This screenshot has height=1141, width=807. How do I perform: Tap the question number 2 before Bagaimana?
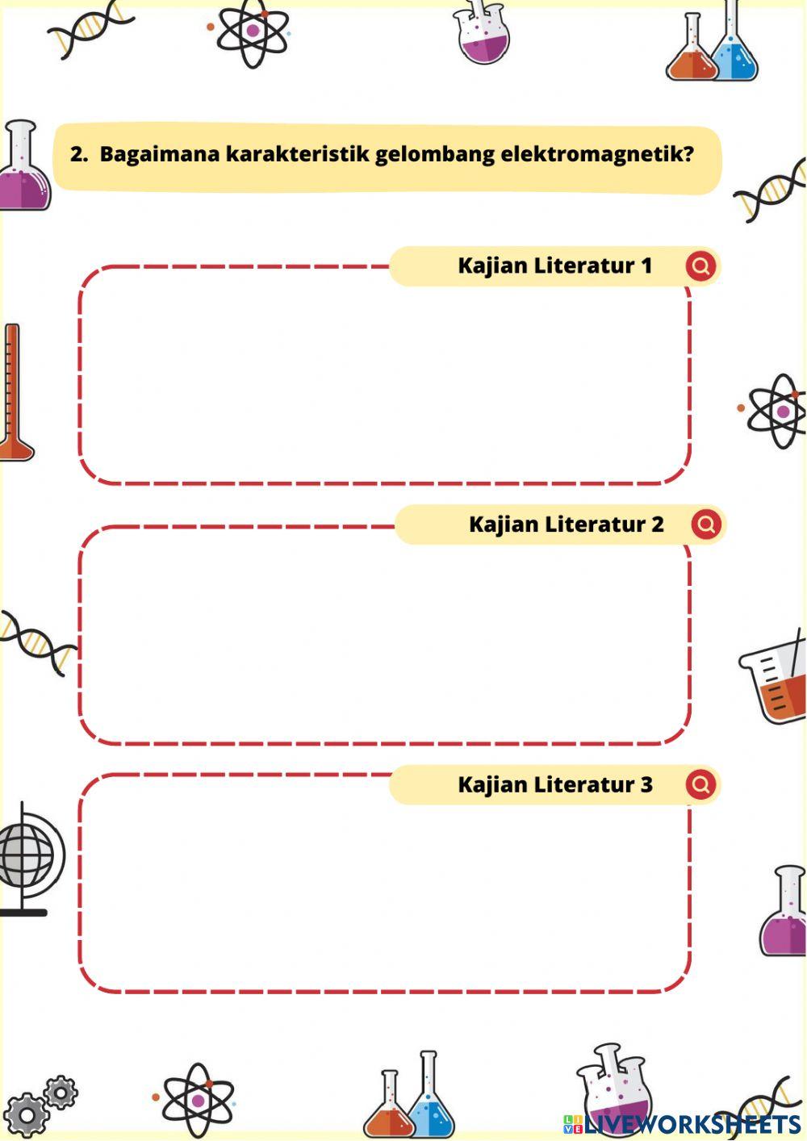(78, 154)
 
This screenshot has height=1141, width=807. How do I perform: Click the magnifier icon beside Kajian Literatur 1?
(700, 265)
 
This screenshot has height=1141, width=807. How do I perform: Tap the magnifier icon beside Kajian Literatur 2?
(706, 525)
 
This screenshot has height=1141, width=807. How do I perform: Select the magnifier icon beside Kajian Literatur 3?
(700, 784)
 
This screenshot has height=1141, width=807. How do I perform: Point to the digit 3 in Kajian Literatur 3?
(646, 784)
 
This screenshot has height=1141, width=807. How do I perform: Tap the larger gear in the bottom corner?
(26, 1115)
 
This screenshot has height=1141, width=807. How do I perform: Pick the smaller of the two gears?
(61, 1092)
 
